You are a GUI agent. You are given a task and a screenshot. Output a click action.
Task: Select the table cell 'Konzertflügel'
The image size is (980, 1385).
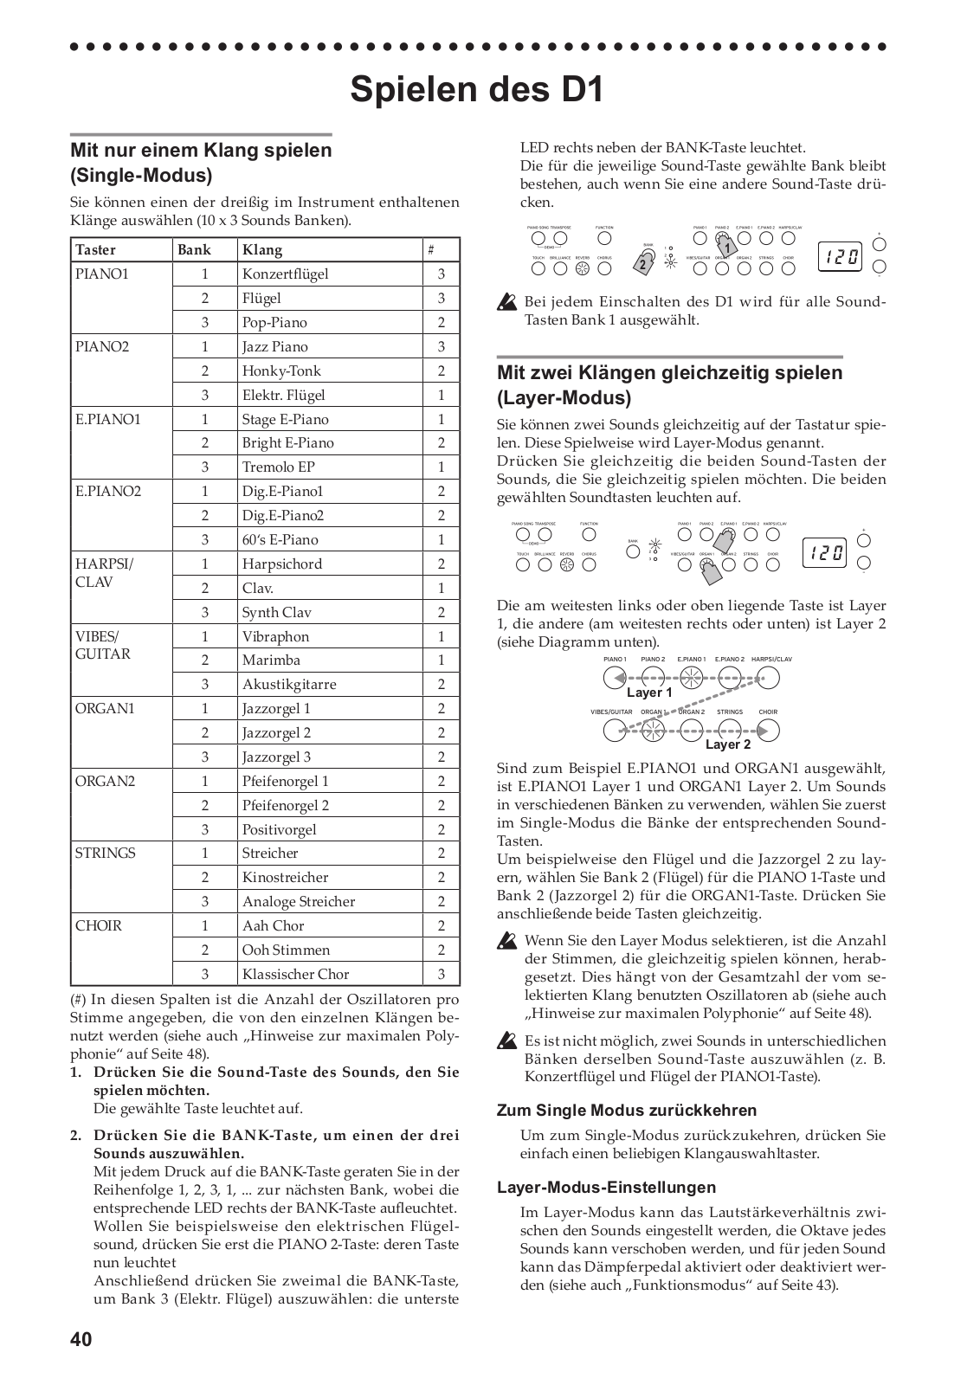click(285, 274)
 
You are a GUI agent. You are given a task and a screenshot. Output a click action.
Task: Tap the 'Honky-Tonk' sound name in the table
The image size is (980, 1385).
click(281, 371)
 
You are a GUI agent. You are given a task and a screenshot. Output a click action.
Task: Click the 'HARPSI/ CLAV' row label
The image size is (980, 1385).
click(105, 573)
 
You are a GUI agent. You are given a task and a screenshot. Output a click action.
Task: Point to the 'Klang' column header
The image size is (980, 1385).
click(262, 250)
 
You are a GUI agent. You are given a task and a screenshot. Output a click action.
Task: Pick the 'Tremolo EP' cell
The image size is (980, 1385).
click(278, 467)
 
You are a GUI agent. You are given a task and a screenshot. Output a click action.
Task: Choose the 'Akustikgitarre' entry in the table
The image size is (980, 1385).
click(289, 685)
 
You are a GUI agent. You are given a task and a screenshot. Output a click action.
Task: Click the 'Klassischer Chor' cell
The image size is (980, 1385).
click(295, 975)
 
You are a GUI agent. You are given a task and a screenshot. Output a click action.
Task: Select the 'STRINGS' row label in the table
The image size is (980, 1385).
click(106, 854)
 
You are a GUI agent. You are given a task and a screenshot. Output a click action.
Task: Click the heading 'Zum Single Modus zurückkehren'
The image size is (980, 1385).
click(627, 1111)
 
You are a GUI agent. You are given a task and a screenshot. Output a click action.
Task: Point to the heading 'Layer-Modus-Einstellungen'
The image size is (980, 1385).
click(606, 1188)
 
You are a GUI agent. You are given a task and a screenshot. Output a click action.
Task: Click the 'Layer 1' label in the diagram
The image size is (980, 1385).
click(649, 692)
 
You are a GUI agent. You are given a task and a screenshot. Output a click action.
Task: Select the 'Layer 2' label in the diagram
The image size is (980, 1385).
click(728, 744)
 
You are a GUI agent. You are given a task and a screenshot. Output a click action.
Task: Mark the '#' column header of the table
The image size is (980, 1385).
click(431, 250)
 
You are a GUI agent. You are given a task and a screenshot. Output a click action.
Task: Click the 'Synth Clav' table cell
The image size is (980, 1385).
click(276, 613)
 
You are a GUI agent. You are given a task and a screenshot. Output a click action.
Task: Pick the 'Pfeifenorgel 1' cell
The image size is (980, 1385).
click(285, 782)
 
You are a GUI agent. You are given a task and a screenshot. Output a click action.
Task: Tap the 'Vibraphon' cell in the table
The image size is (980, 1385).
click(275, 637)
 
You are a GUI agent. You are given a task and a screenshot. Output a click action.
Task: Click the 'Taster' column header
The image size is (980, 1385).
click(95, 250)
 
